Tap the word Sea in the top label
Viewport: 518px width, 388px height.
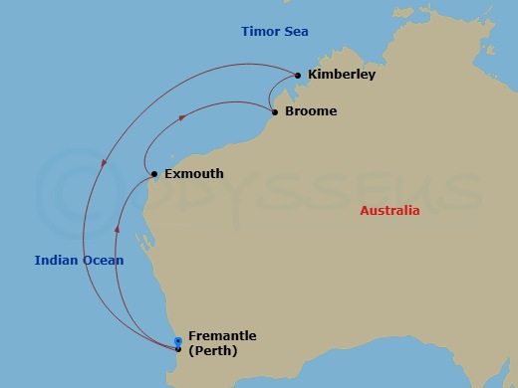(296, 32)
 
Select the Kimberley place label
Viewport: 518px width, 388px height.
(342, 75)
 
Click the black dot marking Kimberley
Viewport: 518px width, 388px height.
(297, 75)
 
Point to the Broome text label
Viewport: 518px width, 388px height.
(310, 111)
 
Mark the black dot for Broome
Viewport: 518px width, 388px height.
(275, 111)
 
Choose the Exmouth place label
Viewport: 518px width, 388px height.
(193, 174)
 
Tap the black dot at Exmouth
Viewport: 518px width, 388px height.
(154, 174)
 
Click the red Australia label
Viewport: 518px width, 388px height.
(389, 211)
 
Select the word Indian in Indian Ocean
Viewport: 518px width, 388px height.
(56, 261)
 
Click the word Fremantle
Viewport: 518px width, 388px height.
(221, 337)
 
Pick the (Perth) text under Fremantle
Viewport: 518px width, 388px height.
(213, 351)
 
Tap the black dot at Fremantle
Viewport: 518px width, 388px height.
(178, 349)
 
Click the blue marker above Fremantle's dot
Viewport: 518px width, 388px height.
(178, 341)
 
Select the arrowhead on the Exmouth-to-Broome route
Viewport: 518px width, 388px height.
(182, 117)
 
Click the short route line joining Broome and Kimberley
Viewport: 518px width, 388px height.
(270, 95)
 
